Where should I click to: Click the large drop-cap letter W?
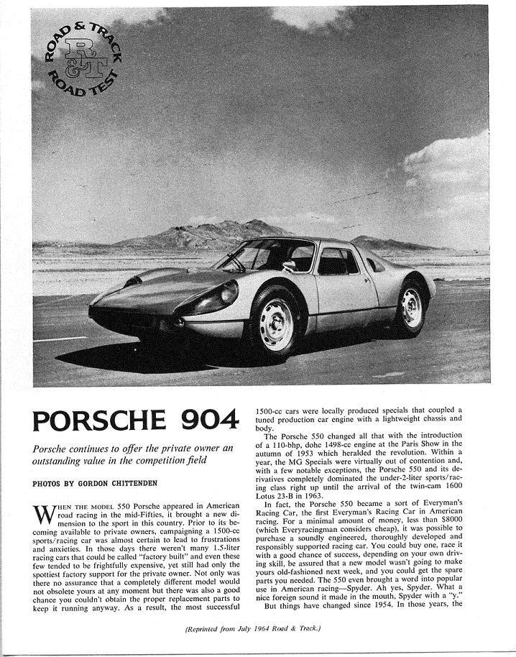[43, 514]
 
